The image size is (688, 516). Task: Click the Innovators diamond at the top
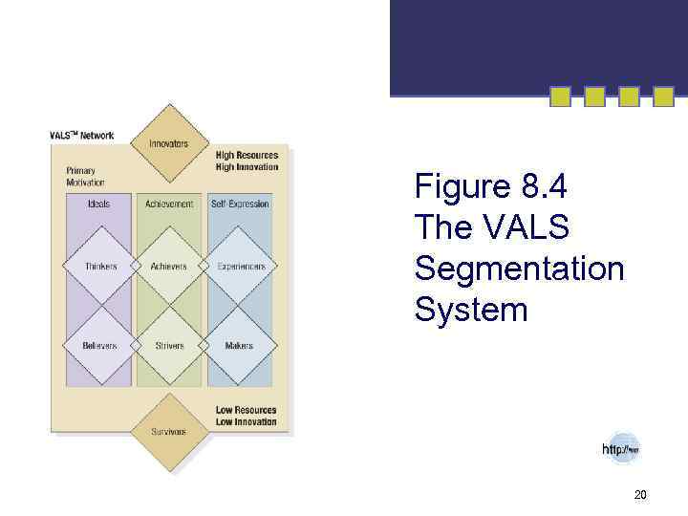(x=169, y=143)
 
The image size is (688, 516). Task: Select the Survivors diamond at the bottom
(x=169, y=432)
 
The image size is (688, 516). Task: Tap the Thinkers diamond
(x=100, y=266)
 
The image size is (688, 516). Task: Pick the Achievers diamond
(x=169, y=266)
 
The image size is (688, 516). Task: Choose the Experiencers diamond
(x=240, y=266)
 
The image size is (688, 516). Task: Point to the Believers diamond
(x=100, y=345)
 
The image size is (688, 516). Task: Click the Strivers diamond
(x=169, y=345)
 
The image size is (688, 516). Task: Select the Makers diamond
(x=240, y=345)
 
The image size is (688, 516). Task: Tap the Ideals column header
(x=98, y=204)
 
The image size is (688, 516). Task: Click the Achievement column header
(x=169, y=204)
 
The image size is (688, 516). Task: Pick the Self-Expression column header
(x=240, y=204)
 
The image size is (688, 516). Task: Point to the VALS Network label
(x=82, y=135)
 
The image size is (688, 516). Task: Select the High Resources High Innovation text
(x=247, y=161)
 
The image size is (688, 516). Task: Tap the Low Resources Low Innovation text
(x=246, y=416)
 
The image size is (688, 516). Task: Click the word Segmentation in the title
(x=519, y=269)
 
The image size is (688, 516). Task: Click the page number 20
(x=640, y=494)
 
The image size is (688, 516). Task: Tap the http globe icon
(x=621, y=448)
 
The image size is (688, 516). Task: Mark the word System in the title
(x=470, y=311)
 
